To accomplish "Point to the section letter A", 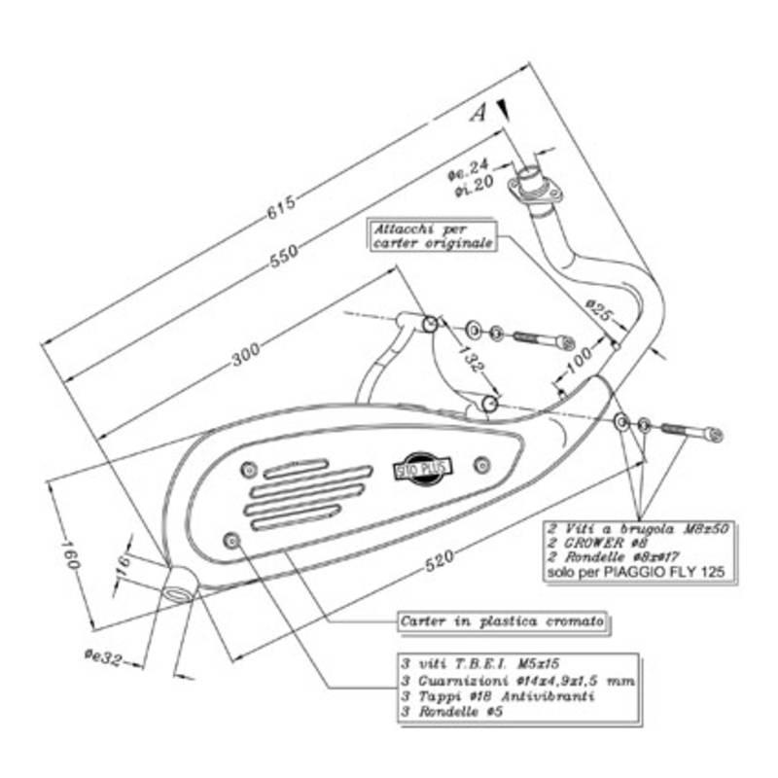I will coord(477,114).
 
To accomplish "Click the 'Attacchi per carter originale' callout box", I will coord(431,235).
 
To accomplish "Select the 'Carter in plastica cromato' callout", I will coord(503,619).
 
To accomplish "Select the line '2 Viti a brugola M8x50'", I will coord(638,527).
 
